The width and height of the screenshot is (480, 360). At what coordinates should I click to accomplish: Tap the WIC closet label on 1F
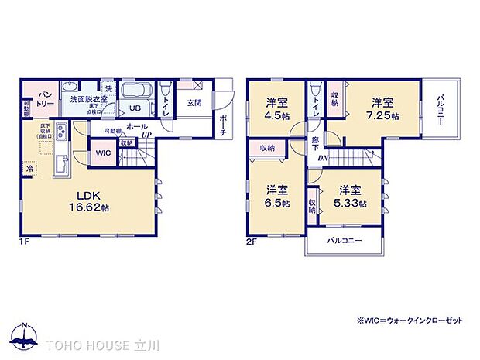coord(104,153)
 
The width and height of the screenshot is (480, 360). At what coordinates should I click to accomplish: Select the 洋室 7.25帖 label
coord(382,108)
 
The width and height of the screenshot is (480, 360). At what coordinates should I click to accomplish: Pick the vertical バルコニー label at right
coord(439,114)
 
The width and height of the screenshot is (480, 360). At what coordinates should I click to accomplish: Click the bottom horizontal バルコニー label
coord(344,242)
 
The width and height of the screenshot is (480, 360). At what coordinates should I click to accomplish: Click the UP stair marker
coord(147,133)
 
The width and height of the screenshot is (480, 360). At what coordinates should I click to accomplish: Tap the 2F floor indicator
coord(252,242)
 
